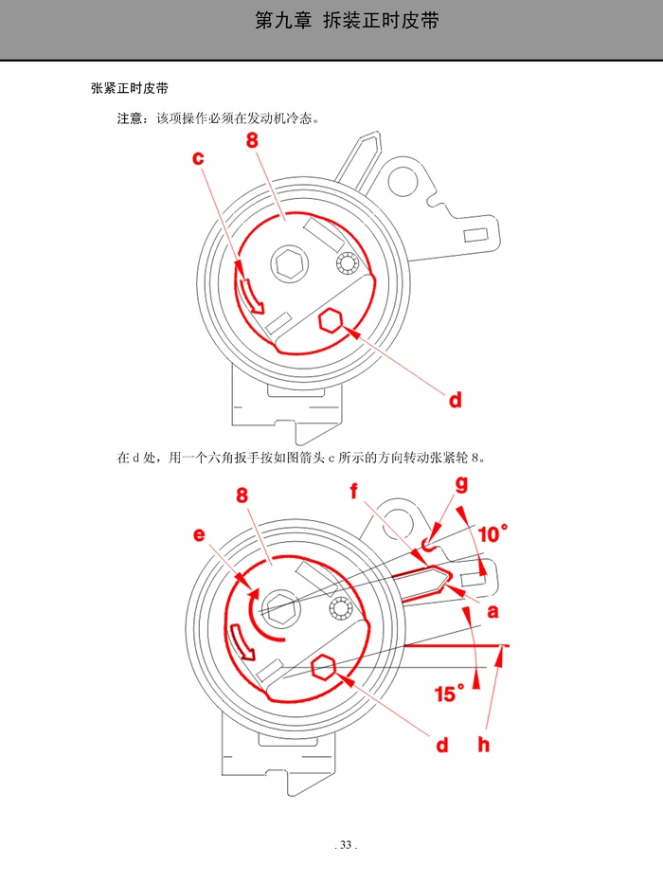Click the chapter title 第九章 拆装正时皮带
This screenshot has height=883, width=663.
347,21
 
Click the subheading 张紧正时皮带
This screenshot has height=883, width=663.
130,88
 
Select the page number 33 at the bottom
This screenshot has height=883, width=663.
346,845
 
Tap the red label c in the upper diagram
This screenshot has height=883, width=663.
198,158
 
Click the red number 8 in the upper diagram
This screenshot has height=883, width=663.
252,140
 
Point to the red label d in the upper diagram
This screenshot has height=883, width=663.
456,400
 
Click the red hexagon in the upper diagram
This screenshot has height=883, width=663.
331,321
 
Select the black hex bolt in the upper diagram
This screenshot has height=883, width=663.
289,263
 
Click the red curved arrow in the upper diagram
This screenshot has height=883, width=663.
250,295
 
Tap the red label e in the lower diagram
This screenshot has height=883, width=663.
199,534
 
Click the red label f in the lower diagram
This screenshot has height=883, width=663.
353,491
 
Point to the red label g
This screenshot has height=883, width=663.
461,484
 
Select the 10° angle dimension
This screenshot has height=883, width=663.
493,533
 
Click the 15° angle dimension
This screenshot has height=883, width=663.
449,694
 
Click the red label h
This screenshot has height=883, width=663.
483,745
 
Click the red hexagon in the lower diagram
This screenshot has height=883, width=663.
323,668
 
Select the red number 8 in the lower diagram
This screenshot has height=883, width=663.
242,495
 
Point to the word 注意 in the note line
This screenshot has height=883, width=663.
130,118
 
